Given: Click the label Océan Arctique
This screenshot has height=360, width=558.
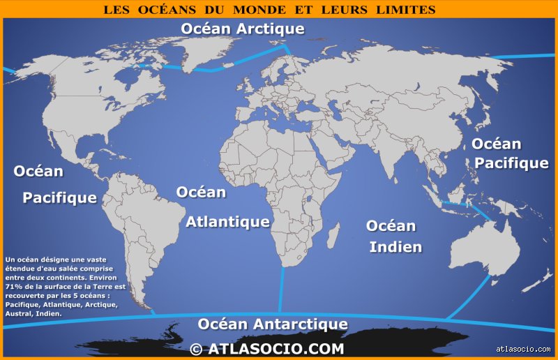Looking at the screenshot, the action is point(242,29).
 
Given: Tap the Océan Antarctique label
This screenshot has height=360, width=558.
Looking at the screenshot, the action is point(272,324).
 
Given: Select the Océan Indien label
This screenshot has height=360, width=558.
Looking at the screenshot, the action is point(393,236).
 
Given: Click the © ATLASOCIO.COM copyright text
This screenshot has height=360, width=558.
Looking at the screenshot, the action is point(266,348).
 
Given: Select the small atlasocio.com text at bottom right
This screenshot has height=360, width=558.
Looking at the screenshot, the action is point(523,349).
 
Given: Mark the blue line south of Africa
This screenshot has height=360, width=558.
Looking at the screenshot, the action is point(281,290).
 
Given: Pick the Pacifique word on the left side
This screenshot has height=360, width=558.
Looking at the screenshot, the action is point(59,197).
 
